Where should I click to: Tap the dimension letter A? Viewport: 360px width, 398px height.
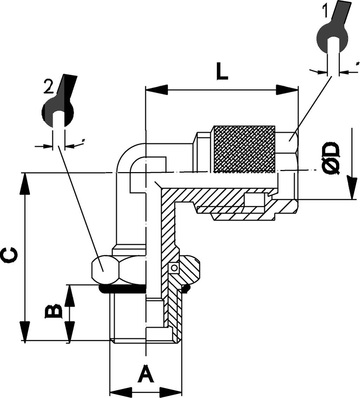(x=146, y=374)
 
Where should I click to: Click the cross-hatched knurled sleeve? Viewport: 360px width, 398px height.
(x=244, y=149)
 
